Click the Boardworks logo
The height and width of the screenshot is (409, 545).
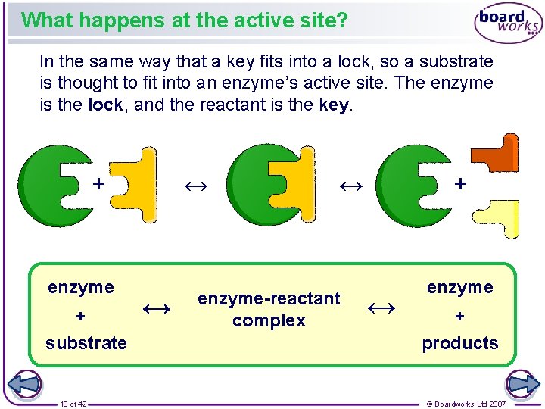click(x=508, y=23)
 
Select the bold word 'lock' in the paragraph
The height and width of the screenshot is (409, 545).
click(x=105, y=105)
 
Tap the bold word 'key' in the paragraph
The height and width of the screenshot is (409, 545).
click(x=334, y=105)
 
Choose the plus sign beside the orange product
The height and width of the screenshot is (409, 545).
click(x=459, y=183)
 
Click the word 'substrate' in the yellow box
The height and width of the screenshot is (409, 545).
click(x=86, y=343)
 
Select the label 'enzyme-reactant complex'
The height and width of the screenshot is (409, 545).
click(x=269, y=309)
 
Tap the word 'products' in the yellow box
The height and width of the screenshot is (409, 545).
click(x=460, y=343)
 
